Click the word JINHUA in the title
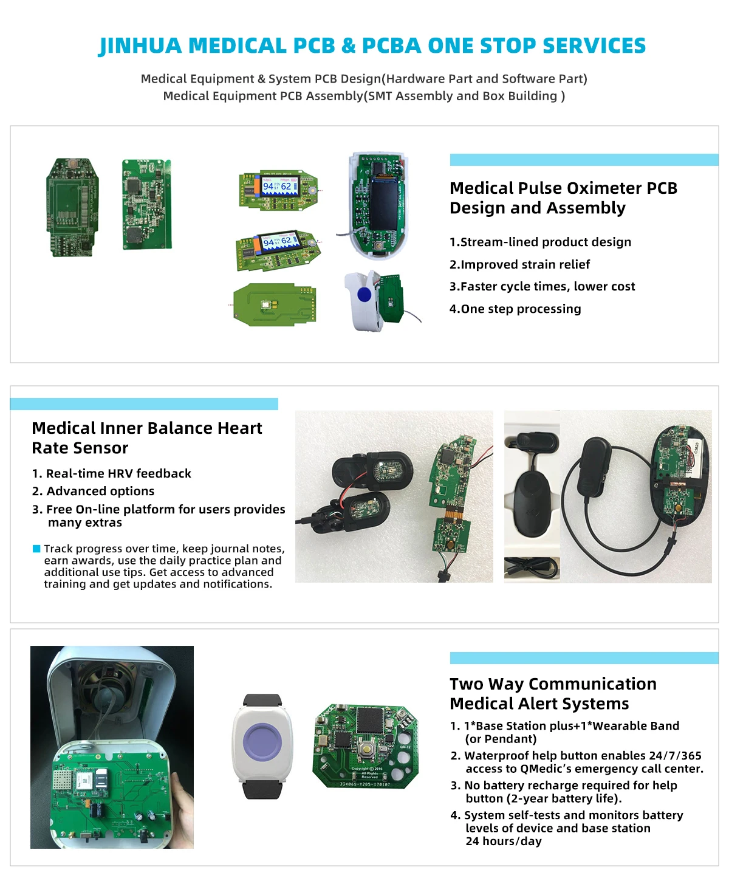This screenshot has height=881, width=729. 140,46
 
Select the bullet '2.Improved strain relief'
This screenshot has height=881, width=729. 519,264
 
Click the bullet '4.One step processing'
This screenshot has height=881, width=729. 515,309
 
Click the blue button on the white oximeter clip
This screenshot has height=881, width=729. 364,295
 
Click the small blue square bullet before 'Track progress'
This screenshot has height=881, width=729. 36,549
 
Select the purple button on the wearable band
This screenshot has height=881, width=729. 262,743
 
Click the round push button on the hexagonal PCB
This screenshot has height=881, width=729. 368,749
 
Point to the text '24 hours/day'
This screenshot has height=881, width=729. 504,842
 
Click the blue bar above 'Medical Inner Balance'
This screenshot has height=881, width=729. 144,404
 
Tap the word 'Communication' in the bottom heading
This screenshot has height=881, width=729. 592,684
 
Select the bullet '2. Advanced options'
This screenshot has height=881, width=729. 94,491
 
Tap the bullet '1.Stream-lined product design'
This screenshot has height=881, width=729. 540,242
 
